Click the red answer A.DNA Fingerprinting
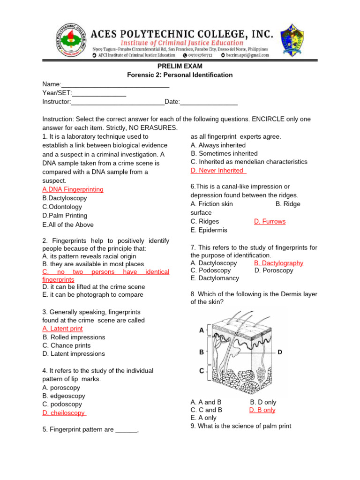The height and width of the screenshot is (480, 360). click(73, 189)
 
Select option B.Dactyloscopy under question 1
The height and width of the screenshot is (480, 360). click(64, 198)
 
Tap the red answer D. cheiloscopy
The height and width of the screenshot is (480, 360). click(64, 413)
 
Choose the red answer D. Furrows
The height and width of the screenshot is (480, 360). click(270, 221)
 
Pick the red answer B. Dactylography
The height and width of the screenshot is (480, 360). click(278, 263)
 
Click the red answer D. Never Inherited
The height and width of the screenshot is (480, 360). click(218, 170)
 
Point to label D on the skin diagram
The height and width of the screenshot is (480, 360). click(279, 352)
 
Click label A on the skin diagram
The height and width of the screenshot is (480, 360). click(202, 330)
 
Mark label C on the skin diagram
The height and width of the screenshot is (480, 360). click(202, 371)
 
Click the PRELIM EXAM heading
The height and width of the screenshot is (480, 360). click(180, 66)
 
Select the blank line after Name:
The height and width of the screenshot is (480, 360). click(115, 85)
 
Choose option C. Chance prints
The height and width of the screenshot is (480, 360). click(67, 345)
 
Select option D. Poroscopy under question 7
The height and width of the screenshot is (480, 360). click(274, 270)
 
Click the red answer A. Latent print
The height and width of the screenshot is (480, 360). click(62, 329)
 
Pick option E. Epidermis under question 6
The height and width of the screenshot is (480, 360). click(209, 230)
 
